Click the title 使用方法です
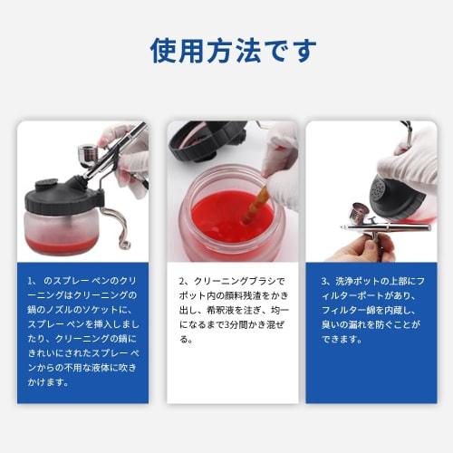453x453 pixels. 226,51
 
